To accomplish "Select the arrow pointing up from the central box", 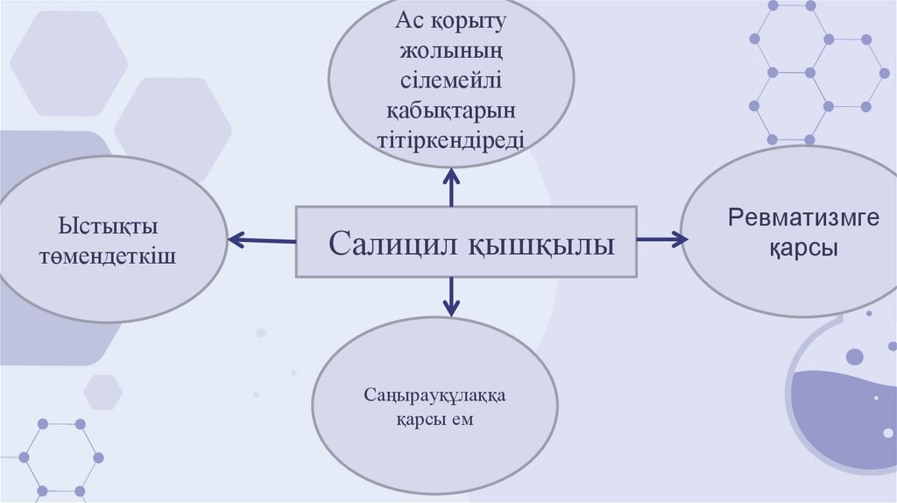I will click(451, 186).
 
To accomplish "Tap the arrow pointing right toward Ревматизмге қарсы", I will click(662, 237).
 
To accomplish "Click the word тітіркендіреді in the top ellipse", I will click(451, 138).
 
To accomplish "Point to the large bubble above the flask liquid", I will click(854, 357).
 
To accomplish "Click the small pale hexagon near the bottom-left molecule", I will click(103, 392).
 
